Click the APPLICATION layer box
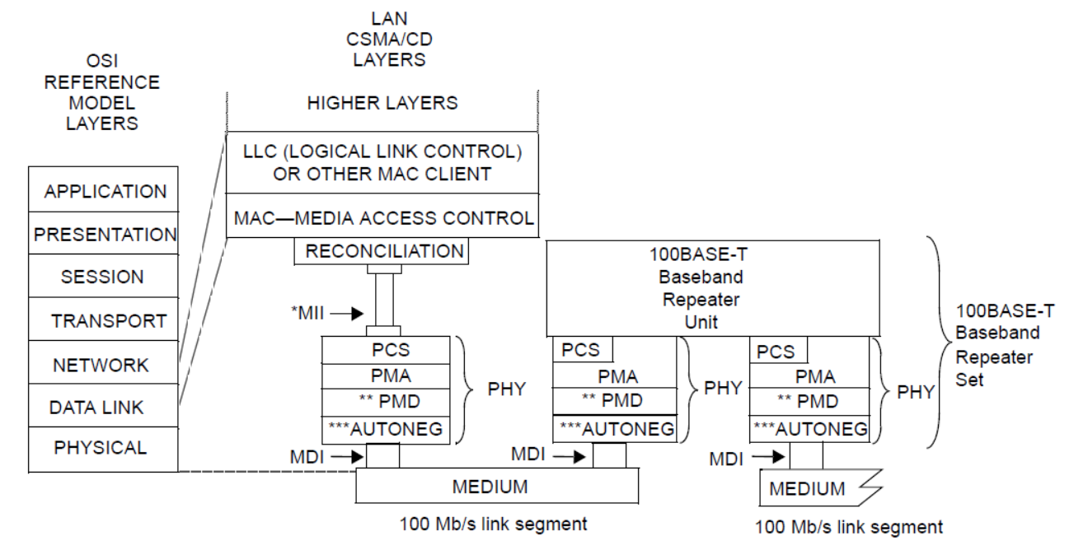[x=104, y=191]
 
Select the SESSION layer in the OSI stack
[x=104, y=277]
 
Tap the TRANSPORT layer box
[x=104, y=321]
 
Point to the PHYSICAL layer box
[x=104, y=449]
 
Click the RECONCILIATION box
[x=384, y=252]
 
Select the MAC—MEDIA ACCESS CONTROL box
[x=384, y=219]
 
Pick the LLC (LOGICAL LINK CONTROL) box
[x=384, y=163]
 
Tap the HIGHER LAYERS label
[x=382, y=104]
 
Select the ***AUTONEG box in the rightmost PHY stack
[x=809, y=428]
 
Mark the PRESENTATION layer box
[x=104, y=234]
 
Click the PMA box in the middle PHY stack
[x=617, y=377]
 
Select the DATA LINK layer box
[x=104, y=407]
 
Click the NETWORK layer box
[x=104, y=365]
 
